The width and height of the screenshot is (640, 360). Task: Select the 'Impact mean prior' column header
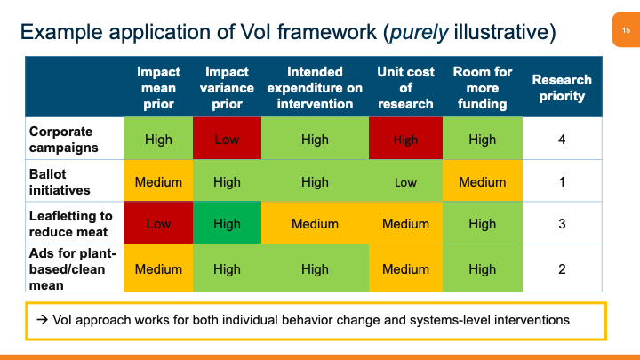pyautogui.click(x=158, y=88)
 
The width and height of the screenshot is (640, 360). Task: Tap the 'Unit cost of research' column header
pyautogui.click(x=405, y=88)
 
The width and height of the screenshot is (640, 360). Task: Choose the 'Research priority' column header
pyautogui.click(x=562, y=88)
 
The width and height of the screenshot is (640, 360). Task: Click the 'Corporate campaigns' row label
pyautogui.click(x=61, y=139)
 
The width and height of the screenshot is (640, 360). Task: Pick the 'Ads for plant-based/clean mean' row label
pyautogui.click(x=67, y=268)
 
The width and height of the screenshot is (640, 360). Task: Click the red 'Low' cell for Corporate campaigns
pyautogui.click(x=227, y=140)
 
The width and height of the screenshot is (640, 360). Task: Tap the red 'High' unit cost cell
pyautogui.click(x=405, y=140)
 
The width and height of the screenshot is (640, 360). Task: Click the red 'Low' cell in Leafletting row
pyautogui.click(x=158, y=224)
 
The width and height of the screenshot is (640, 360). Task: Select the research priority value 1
pyautogui.click(x=562, y=181)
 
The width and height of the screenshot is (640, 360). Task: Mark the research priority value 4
pyautogui.click(x=562, y=140)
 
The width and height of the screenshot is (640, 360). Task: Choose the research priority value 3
pyautogui.click(x=562, y=224)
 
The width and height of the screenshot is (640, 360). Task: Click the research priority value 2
pyautogui.click(x=562, y=268)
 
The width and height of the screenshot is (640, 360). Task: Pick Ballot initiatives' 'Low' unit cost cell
pyautogui.click(x=405, y=181)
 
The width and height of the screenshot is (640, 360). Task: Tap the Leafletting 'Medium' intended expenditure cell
pyautogui.click(x=315, y=224)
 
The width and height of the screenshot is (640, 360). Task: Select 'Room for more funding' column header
pyautogui.click(x=482, y=88)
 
